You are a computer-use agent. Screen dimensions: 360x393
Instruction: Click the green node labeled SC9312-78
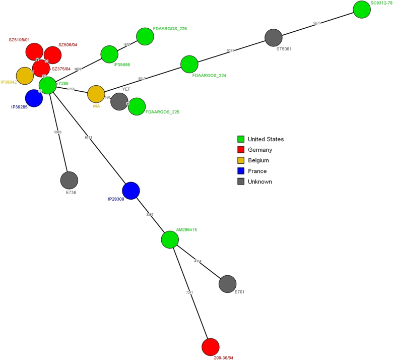(x=362, y=10)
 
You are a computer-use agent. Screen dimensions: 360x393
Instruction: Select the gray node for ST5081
(x=273, y=38)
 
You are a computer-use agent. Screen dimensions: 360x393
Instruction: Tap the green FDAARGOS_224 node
(x=189, y=65)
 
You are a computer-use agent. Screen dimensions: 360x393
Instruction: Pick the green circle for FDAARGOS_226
(x=145, y=36)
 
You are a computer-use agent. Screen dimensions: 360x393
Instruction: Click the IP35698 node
(x=109, y=54)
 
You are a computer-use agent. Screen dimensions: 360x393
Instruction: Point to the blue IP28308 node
(x=131, y=191)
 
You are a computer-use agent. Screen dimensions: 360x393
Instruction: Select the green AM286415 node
(x=170, y=239)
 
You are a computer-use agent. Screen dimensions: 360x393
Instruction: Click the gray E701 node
(x=228, y=284)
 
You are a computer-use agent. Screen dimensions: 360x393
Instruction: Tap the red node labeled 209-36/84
(x=210, y=347)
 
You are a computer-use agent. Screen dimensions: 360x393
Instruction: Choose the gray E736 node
(x=69, y=181)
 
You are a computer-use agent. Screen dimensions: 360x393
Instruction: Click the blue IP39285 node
(x=34, y=98)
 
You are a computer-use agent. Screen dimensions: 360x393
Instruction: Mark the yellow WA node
(x=96, y=94)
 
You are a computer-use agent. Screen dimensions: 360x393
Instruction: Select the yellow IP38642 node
(x=25, y=76)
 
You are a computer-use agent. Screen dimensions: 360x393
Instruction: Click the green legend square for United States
(x=241, y=139)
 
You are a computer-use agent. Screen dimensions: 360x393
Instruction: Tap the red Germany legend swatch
(x=241, y=150)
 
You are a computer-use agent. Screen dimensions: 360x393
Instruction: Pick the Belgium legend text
(x=258, y=160)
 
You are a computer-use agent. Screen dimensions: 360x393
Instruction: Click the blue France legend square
(x=241, y=171)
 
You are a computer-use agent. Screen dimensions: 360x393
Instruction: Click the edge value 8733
(x=89, y=137)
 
